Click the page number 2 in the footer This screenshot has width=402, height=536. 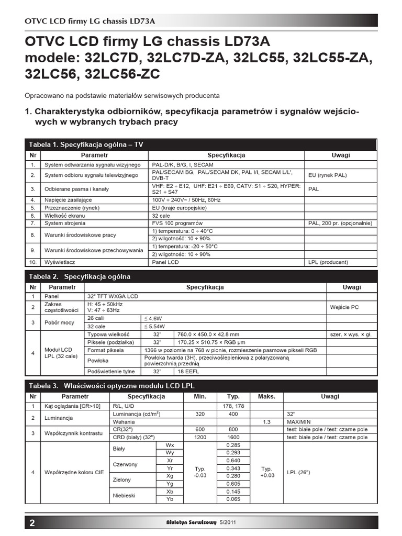32,522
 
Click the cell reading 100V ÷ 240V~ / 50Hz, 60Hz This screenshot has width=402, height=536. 186,200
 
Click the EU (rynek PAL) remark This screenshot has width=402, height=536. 328,175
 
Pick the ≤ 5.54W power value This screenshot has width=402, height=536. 153,326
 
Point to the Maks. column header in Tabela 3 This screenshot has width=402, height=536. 266,397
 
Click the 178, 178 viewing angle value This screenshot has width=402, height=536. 233,406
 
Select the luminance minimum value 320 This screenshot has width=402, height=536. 200,414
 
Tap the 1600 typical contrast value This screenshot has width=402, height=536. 233,437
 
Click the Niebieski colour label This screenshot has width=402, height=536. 124,495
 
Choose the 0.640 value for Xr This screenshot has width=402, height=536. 233,460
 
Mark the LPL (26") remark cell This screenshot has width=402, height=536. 299,472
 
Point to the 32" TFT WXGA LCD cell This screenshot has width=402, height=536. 113,296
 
